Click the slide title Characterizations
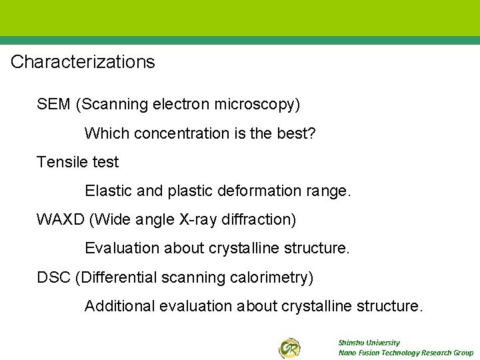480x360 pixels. (83, 62)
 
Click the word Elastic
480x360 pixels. (108, 191)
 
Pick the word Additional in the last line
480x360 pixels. (119, 306)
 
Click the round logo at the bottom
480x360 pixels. (289, 347)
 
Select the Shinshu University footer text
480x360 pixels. (369, 342)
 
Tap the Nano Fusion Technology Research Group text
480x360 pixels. (405, 353)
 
